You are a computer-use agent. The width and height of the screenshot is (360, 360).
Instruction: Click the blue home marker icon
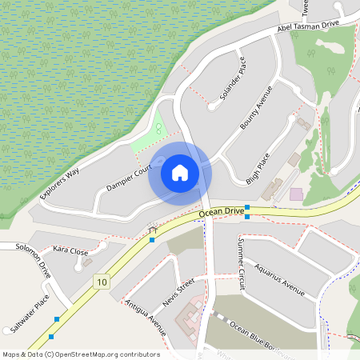[179, 173]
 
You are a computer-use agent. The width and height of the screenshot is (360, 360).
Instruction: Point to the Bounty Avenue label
[257, 108]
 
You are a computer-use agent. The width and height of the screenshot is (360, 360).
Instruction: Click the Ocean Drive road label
[222, 211]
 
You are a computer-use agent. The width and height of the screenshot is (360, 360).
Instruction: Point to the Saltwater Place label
[32, 313]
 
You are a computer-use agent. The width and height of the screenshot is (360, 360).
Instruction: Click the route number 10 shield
[101, 281]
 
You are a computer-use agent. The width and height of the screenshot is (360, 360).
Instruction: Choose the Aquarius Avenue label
[280, 282]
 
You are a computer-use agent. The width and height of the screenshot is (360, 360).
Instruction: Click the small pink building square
[296, 194]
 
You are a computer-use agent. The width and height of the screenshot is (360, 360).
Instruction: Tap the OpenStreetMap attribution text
[81, 354]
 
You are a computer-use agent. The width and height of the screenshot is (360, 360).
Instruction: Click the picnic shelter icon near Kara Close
[153, 228]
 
